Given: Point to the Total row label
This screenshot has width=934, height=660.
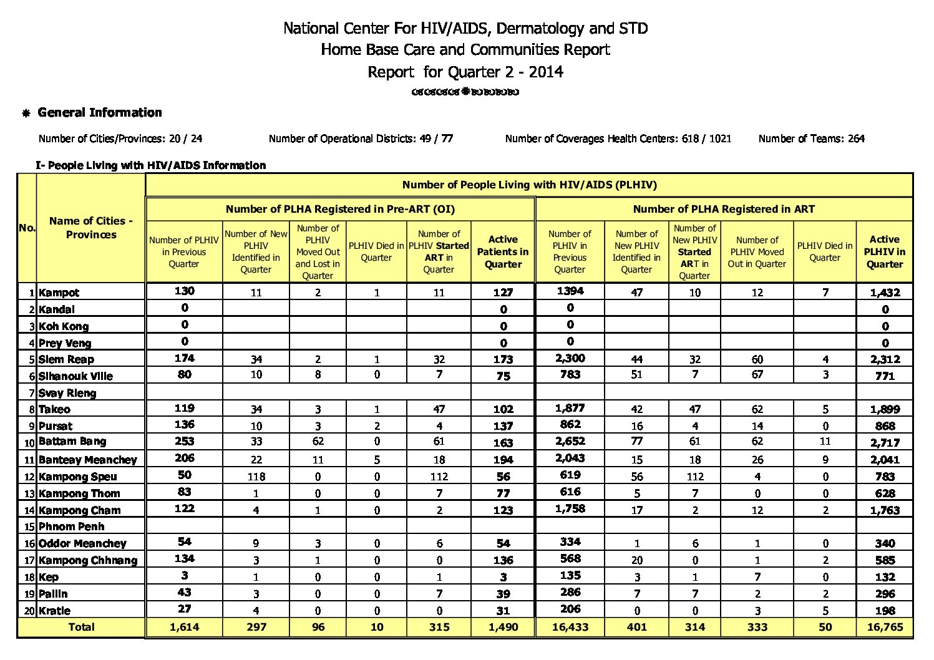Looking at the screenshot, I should (x=81, y=627).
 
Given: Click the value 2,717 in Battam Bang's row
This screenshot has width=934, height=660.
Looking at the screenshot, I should (x=885, y=443).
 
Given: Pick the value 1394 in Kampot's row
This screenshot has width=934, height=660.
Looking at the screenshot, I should (x=570, y=291).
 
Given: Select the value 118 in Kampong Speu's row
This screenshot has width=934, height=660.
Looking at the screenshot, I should (x=256, y=477).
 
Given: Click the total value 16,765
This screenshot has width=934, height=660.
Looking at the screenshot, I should (x=885, y=627).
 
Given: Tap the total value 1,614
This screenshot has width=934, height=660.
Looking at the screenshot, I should (x=184, y=627).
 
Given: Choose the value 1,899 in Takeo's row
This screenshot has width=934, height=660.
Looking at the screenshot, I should (x=885, y=410).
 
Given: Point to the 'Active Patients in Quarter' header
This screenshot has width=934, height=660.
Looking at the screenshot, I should (x=503, y=252).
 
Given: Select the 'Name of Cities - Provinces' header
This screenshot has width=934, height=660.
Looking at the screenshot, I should (x=91, y=228).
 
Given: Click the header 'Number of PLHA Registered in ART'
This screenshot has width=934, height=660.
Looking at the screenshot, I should (x=724, y=210).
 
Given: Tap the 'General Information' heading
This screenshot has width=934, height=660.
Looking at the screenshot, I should (x=100, y=113).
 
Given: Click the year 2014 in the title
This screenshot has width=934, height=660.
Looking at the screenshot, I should (x=546, y=72).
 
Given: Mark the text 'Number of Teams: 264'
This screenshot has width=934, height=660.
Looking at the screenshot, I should (x=811, y=138).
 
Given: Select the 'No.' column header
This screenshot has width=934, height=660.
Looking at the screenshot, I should (x=27, y=228).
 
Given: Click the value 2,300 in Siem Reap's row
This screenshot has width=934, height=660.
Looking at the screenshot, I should (x=570, y=358).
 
